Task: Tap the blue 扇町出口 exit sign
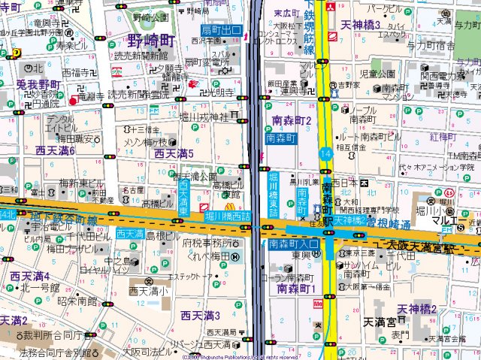tap(220, 30)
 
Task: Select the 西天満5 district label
tap(174, 153)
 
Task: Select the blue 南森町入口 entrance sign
tap(289, 244)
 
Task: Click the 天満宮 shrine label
tap(380, 322)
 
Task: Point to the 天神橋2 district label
tap(417, 309)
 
